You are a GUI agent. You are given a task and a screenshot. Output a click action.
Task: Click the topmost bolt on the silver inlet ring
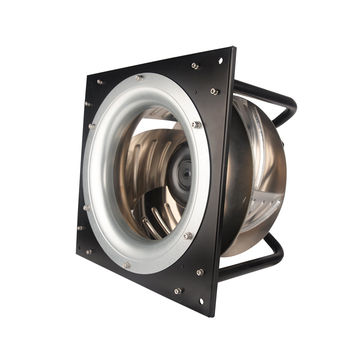point(139,78)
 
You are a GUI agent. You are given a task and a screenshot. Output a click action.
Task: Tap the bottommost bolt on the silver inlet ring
point(126,265)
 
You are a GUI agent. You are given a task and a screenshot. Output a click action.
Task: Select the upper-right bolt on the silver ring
point(196,125)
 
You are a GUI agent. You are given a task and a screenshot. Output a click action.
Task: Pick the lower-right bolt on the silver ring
point(187,236)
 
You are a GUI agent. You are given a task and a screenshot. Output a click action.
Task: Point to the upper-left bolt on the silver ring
point(92,126)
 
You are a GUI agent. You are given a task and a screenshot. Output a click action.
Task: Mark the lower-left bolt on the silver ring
point(86,208)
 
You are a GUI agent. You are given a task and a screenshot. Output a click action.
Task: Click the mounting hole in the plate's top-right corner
point(220,60)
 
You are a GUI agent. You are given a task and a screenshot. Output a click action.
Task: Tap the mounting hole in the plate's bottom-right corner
point(201,301)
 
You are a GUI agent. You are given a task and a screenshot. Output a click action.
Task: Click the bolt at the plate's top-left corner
point(100,82)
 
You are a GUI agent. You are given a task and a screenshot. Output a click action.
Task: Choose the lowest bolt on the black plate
point(178,291)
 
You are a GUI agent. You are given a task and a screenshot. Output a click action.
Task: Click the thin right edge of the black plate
point(223,180)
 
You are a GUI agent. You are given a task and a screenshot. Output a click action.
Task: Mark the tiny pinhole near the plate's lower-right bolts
point(183,267)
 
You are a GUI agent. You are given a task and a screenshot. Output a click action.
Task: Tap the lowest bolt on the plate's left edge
point(89,252)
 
